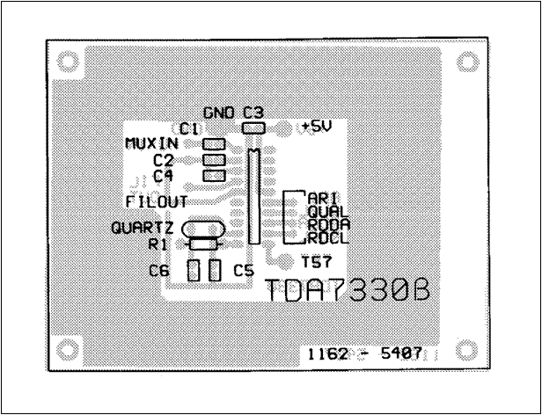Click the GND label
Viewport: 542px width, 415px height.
[220, 113]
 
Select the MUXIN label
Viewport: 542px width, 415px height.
[152, 143]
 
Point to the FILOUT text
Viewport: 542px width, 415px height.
[155, 201]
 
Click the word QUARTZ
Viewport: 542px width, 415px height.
[136, 228]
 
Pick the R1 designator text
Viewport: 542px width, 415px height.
[158, 244]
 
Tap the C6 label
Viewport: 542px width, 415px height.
[159, 272]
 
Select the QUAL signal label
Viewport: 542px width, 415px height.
[325, 212]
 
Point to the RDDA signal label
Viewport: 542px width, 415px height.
[325, 224]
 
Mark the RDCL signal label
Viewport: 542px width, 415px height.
[325, 237]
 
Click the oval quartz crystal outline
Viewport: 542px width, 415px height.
[201, 229]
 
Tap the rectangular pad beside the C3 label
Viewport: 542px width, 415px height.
[253, 128]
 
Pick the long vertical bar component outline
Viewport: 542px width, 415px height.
[253, 196]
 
